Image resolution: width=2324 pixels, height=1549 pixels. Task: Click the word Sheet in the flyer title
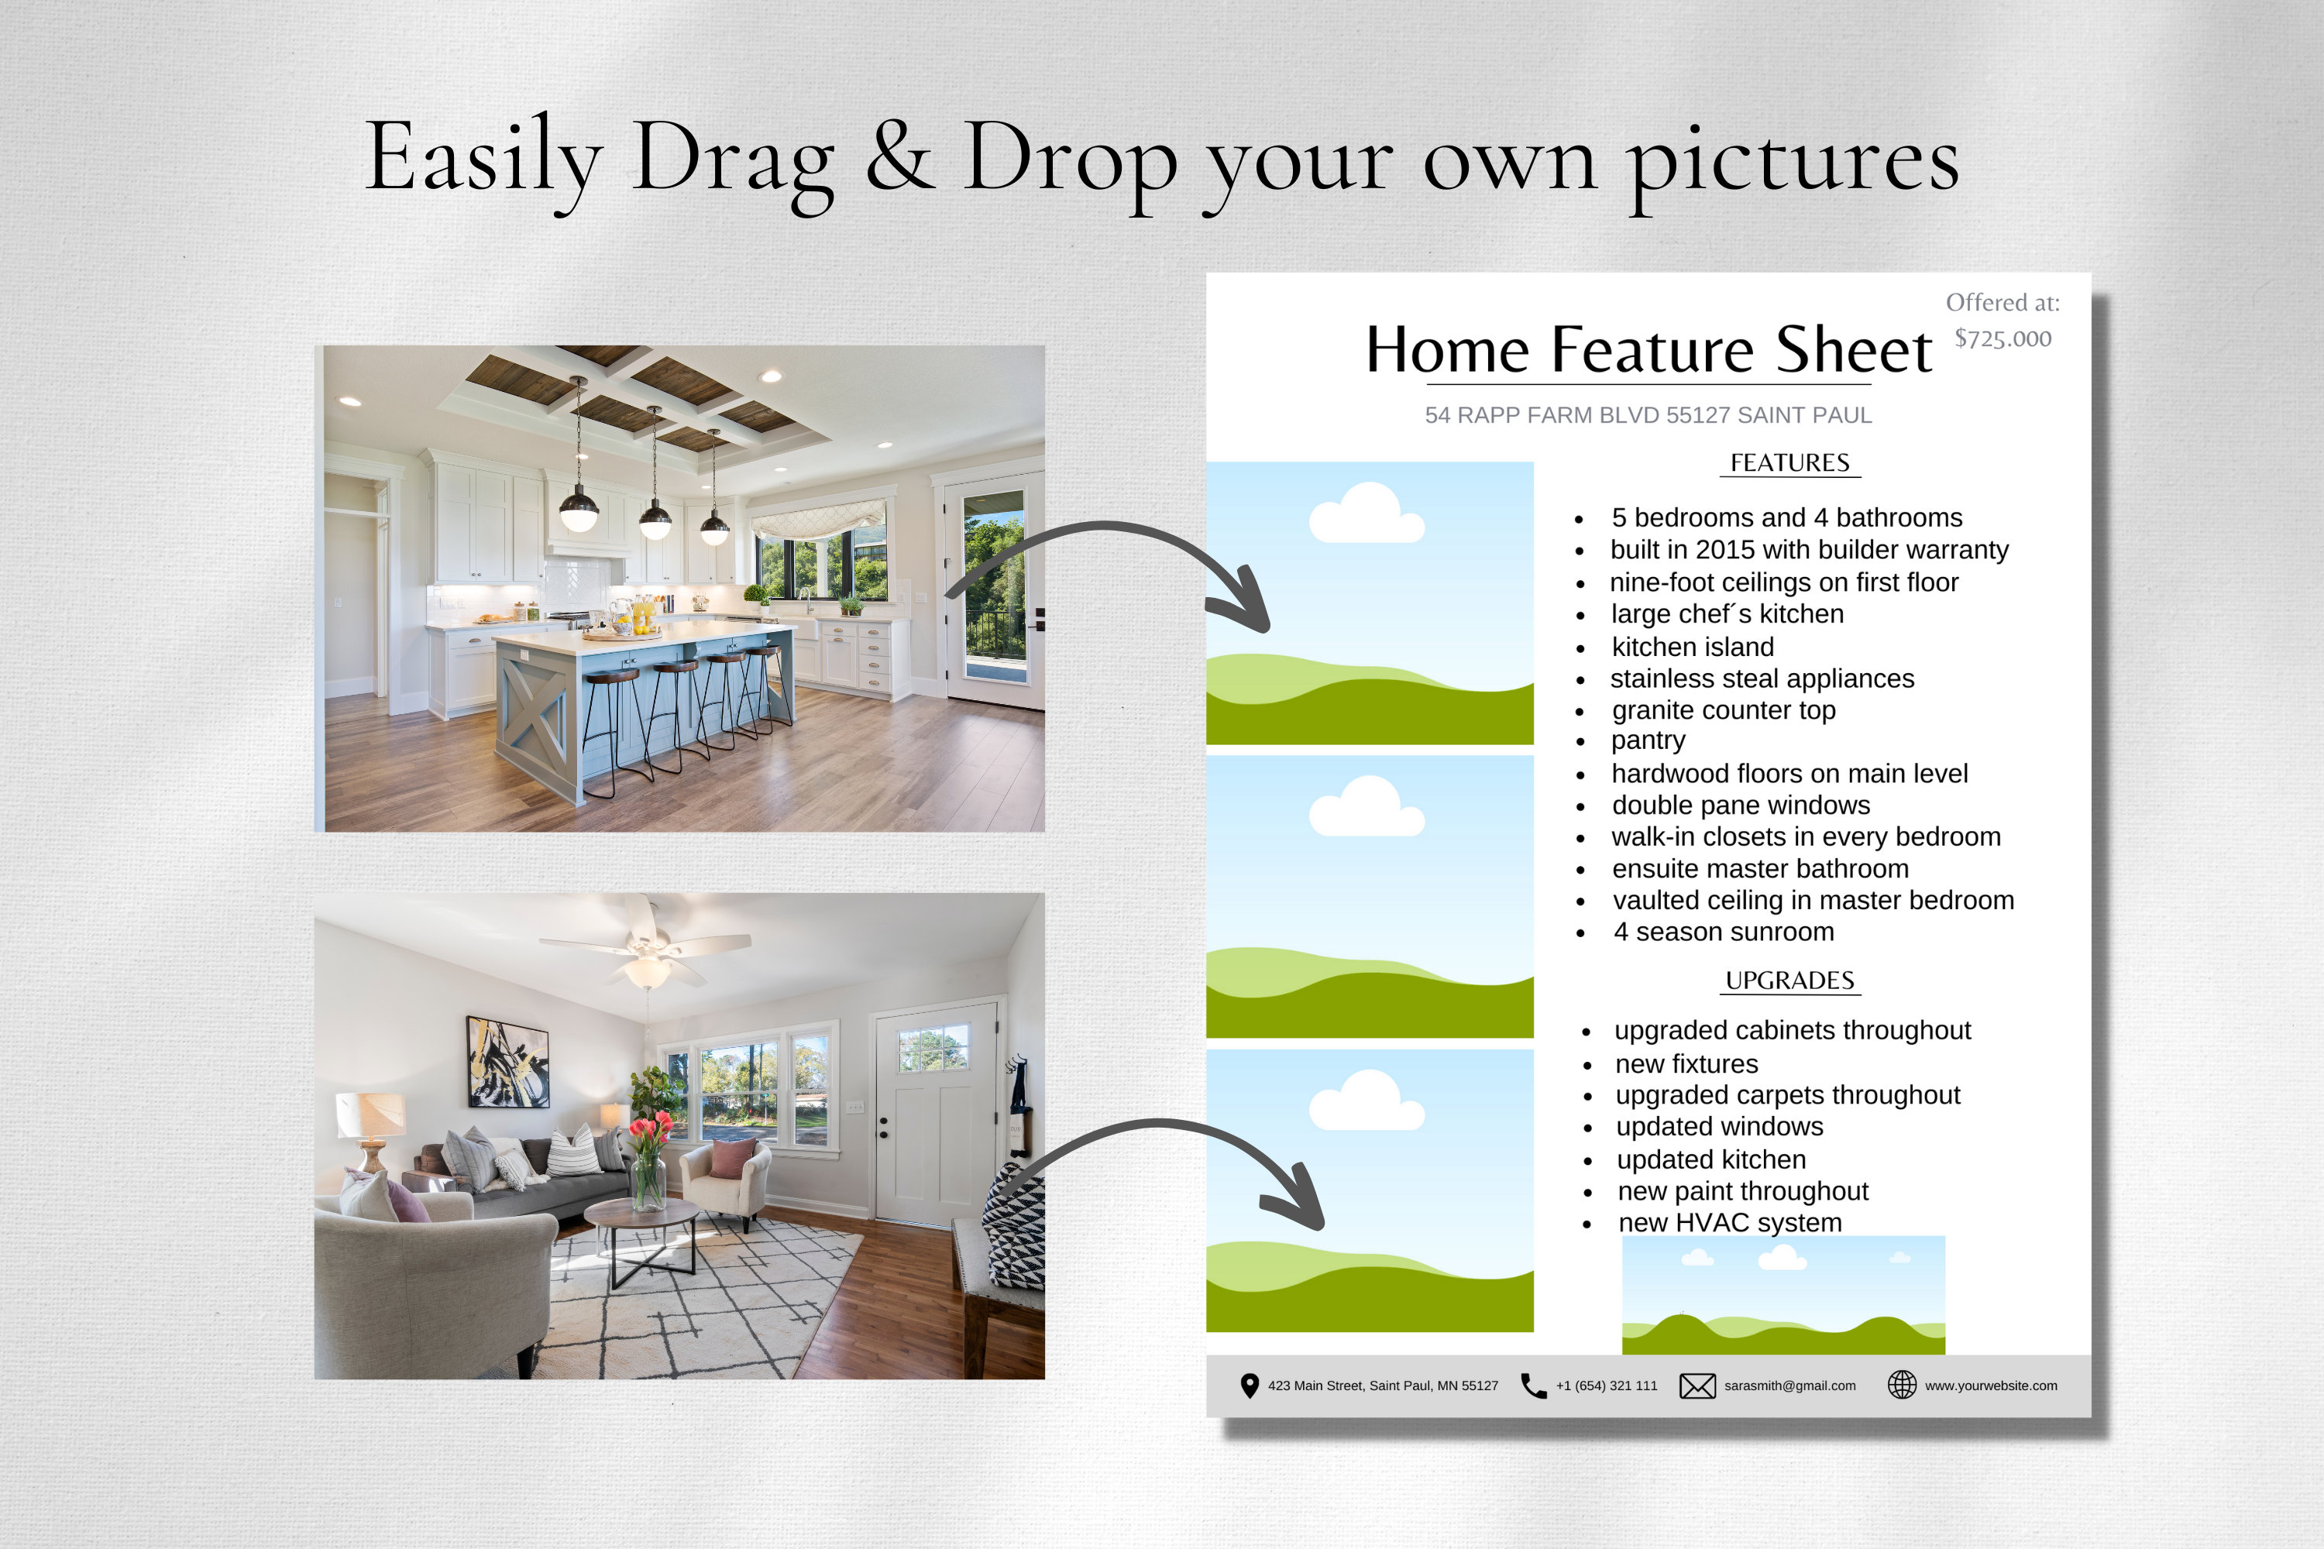click(1853, 350)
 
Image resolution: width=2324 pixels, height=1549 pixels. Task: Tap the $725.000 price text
click(2002, 339)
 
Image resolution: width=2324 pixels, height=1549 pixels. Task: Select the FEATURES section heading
click(1789, 463)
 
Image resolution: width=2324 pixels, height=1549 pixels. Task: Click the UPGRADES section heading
click(1789, 981)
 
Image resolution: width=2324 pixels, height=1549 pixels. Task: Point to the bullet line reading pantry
click(1647, 741)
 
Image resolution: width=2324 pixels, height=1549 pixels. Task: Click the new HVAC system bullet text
click(1729, 1222)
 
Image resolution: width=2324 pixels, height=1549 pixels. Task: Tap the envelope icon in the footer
click(1697, 1386)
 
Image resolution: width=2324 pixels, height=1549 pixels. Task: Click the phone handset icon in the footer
click(1532, 1386)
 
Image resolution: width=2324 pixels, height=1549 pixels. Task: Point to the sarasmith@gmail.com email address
click(1789, 1386)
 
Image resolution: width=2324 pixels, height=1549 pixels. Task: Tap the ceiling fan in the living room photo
click(646, 948)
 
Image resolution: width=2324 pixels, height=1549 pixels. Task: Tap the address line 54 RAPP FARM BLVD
click(1647, 416)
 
